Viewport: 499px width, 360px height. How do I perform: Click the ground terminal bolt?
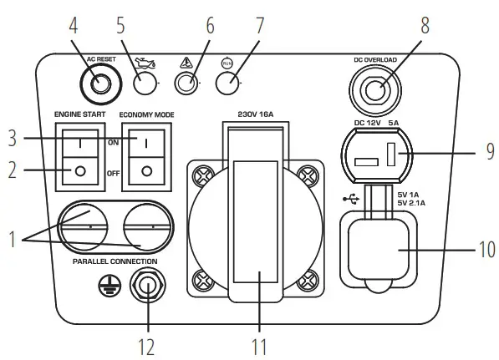click(149, 289)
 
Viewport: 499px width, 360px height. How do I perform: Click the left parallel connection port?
click(88, 226)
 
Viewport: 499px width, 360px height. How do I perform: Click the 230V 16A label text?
click(256, 115)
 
